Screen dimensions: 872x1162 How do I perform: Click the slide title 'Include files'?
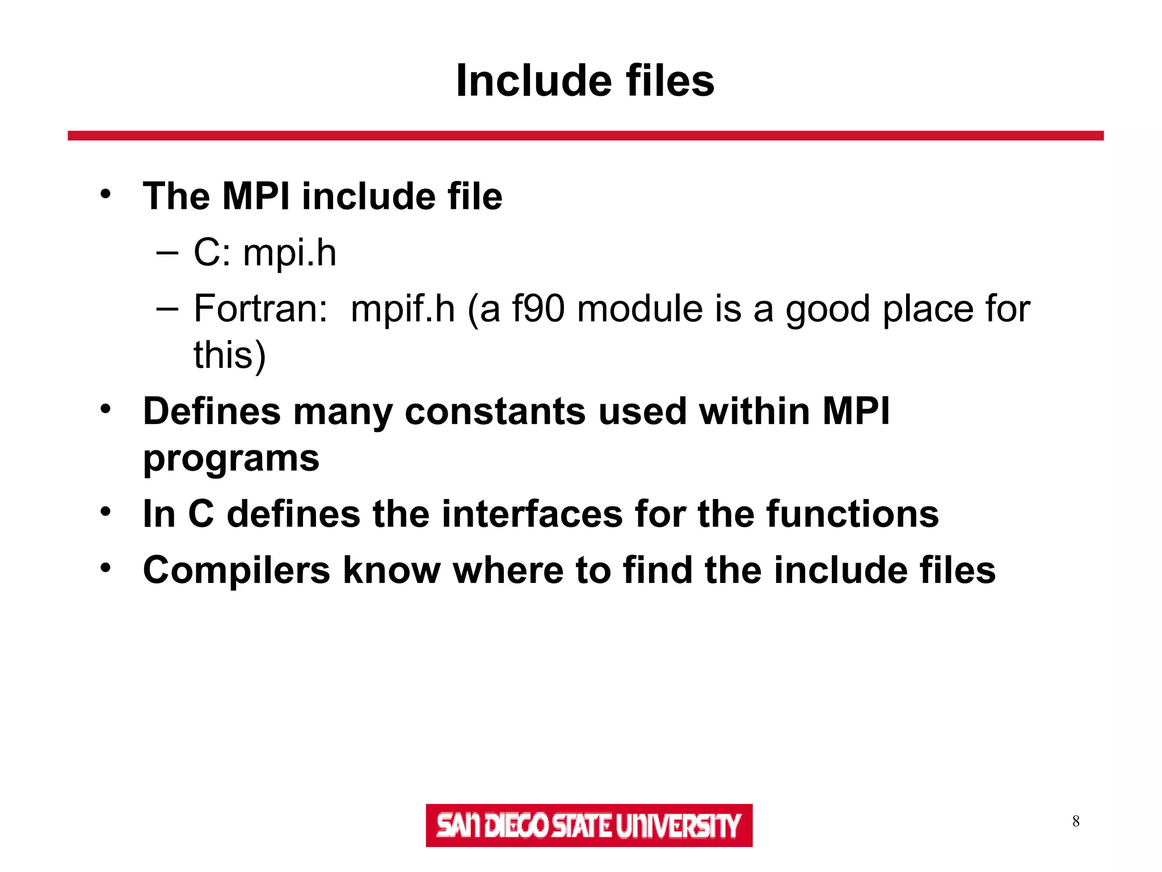click(x=585, y=81)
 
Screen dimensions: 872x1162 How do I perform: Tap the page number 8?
click(x=1076, y=821)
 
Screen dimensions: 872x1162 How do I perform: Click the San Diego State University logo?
click(x=589, y=825)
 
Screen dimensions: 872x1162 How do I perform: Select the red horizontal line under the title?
click(x=585, y=136)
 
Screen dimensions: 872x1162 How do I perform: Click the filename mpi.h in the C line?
click(x=290, y=253)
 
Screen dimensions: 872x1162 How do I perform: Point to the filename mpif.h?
click(x=403, y=309)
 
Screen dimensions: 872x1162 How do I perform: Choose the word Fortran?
click(x=260, y=309)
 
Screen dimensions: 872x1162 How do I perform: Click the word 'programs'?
click(x=231, y=459)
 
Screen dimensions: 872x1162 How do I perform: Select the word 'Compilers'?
click(x=236, y=571)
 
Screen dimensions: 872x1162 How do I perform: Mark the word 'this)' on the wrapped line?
click(x=229, y=355)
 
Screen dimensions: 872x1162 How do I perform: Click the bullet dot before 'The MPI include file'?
click(x=106, y=194)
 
